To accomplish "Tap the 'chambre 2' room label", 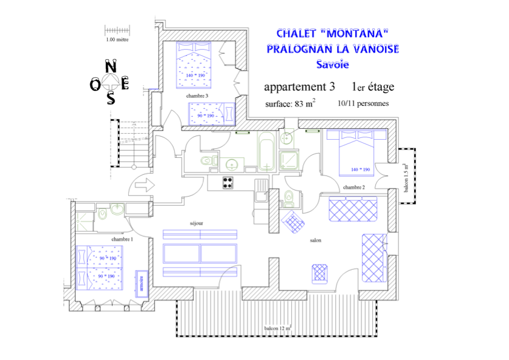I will click(x=353, y=188).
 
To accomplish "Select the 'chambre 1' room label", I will click(x=122, y=239).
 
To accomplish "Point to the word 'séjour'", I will click(x=196, y=223).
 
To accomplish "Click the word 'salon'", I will click(x=315, y=240).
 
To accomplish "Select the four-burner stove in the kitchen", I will click(x=228, y=182).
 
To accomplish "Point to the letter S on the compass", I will click(x=110, y=99).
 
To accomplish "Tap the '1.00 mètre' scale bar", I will click(x=117, y=30).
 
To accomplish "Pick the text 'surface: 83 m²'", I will click(x=290, y=103).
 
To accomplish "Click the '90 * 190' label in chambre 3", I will click(x=206, y=115).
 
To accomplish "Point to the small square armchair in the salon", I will click(x=320, y=273).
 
